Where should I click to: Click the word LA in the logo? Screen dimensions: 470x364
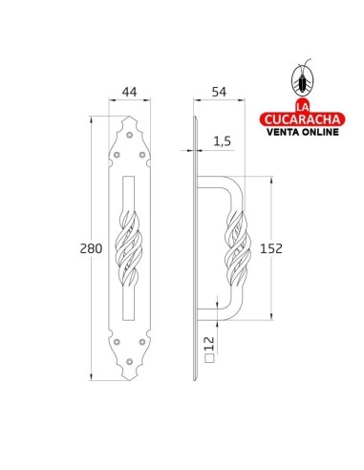click(x=303, y=105)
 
